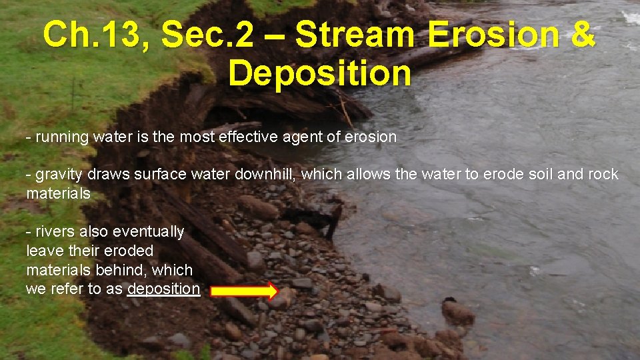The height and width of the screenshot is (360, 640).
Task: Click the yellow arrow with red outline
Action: pos(243,291)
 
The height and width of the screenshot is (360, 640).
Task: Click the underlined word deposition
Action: pos(163,289)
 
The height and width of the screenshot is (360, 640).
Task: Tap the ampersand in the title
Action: pos(582,35)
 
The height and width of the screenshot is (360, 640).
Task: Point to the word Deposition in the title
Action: pos(320,73)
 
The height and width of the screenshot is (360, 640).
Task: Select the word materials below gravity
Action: pos(58,194)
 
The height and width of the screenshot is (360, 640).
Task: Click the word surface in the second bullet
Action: pos(157,175)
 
